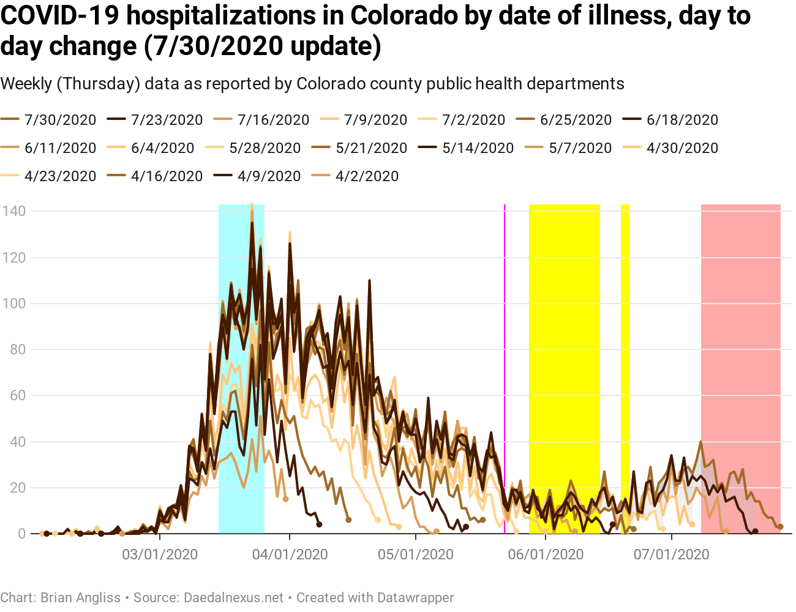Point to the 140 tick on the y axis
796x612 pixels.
[x=13, y=211]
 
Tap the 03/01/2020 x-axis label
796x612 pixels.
[x=160, y=555]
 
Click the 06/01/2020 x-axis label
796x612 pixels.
[x=546, y=555]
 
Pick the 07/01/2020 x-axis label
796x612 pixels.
[x=671, y=555]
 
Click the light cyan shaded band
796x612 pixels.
[x=241, y=367]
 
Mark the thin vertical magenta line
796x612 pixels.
[x=505, y=367]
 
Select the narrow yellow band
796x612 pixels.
[x=625, y=367]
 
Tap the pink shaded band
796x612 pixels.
[x=740, y=367]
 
